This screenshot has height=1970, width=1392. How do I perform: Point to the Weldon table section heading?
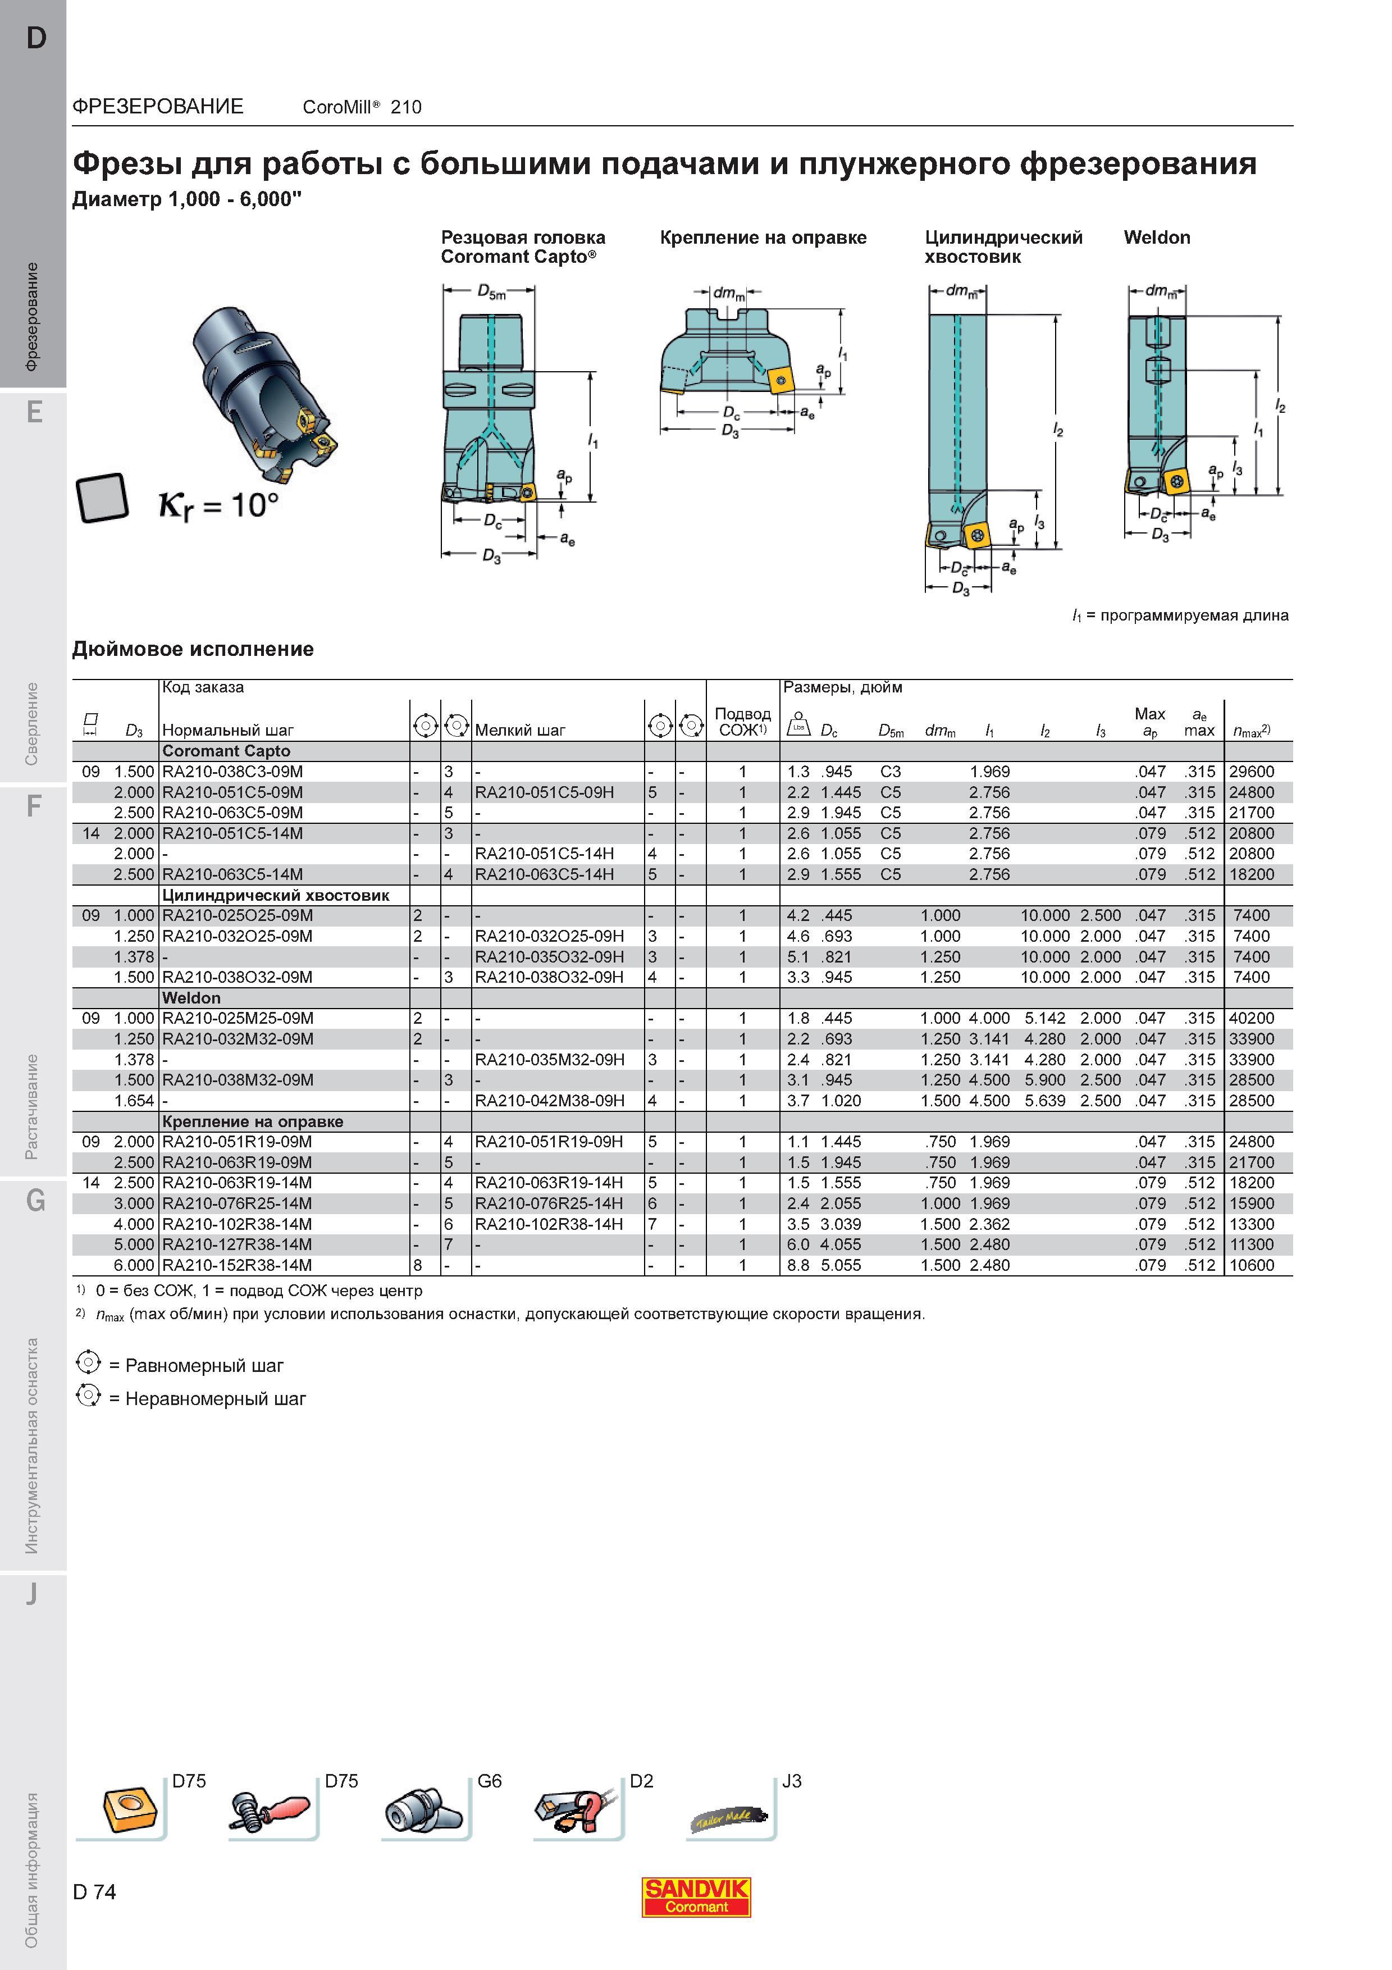tap(191, 998)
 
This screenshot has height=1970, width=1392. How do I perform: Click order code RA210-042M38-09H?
tap(550, 1101)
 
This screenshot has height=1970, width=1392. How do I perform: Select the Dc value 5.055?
tap(841, 1265)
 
